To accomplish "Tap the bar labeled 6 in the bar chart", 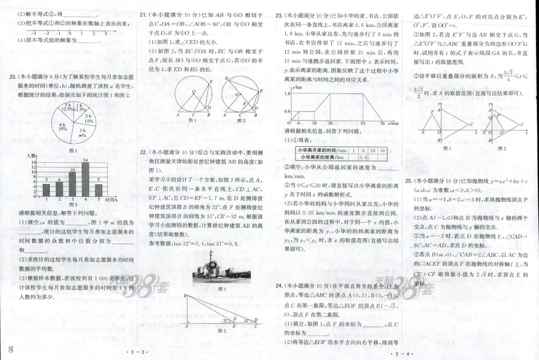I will point(59,189).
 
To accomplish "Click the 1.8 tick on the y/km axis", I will point(287,93).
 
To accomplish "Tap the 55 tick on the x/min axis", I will point(362,123).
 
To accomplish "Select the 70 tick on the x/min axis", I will point(382,123).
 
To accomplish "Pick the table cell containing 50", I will point(382,150).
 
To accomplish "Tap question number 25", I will point(409,180).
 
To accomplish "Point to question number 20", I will point(13,77).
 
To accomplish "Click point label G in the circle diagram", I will point(226,78).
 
